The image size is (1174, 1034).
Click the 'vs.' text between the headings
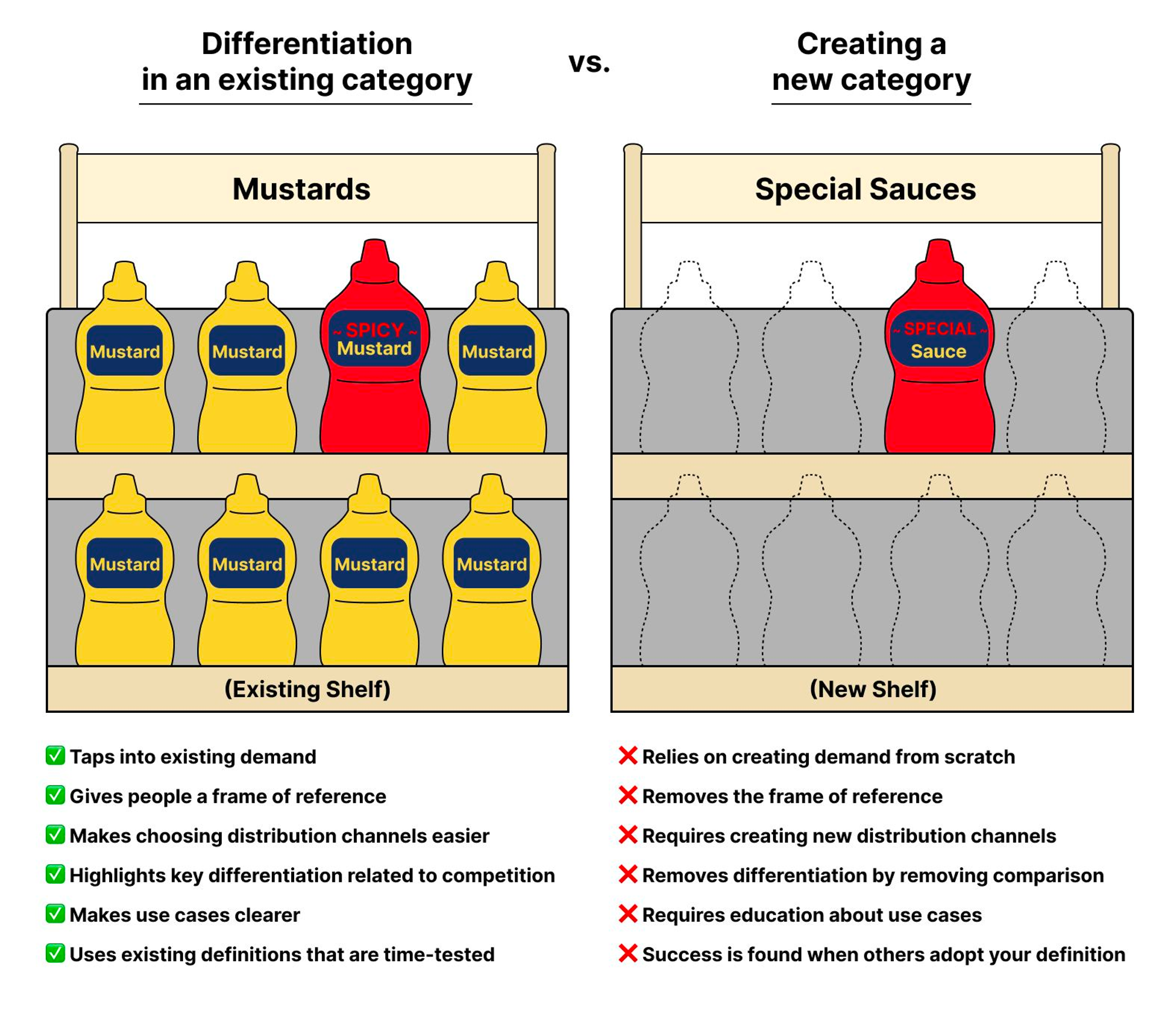(589, 62)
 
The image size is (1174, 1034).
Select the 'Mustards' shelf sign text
(301, 189)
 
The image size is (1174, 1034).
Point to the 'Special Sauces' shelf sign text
(865, 189)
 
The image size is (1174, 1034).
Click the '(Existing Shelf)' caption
(307, 689)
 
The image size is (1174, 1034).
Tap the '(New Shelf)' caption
(873, 689)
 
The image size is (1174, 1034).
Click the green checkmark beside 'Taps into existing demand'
(55, 755)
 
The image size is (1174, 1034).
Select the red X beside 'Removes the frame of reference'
(628, 795)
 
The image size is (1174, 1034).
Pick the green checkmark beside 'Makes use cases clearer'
(55, 913)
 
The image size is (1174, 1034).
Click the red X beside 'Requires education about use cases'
(628, 914)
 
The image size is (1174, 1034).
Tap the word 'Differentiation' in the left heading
(307, 44)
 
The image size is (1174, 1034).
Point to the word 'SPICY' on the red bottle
(375, 330)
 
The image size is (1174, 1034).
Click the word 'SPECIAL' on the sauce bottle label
(939, 329)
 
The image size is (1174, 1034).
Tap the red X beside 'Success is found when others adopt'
(628, 953)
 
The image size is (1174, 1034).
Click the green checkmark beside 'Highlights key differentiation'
(55, 874)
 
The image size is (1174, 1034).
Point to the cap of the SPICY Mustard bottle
(375, 258)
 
